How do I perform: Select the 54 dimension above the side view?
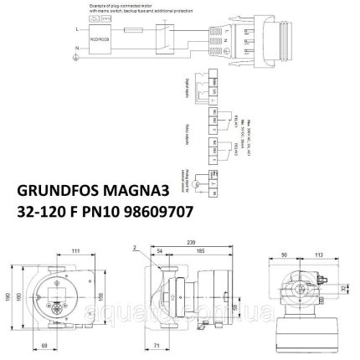point(160,250)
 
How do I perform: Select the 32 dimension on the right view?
point(345,290)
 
